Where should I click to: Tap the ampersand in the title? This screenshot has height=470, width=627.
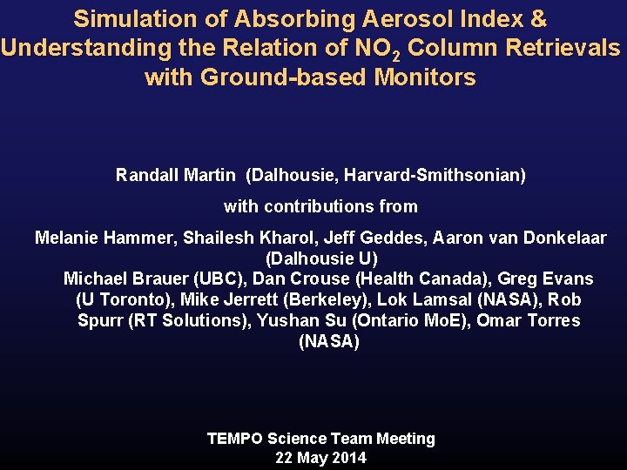(537, 18)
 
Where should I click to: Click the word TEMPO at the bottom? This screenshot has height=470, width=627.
(235, 439)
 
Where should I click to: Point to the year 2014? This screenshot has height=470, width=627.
(347, 458)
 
